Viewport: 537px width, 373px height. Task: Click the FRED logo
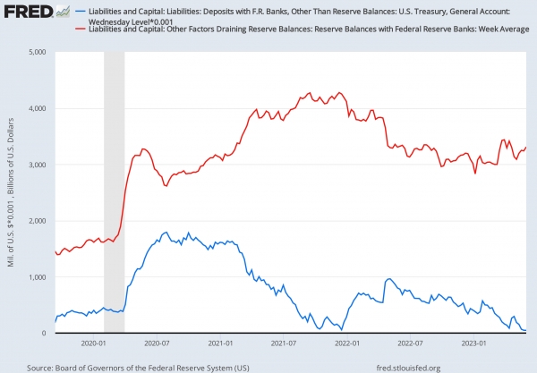(x=30, y=12)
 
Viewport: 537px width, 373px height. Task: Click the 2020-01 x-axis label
(x=94, y=343)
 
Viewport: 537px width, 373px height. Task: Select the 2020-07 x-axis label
(x=157, y=343)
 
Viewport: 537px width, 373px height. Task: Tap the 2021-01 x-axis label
(x=220, y=343)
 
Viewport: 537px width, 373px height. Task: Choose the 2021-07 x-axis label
(x=283, y=343)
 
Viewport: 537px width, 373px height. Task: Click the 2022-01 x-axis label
(x=346, y=343)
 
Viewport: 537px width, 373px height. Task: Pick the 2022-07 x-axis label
(x=409, y=343)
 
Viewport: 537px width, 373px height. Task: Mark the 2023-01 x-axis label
(x=473, y=343)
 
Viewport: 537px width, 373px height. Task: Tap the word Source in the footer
(x=42, y=366)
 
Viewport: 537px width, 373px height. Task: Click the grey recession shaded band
(x=114, y=192)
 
